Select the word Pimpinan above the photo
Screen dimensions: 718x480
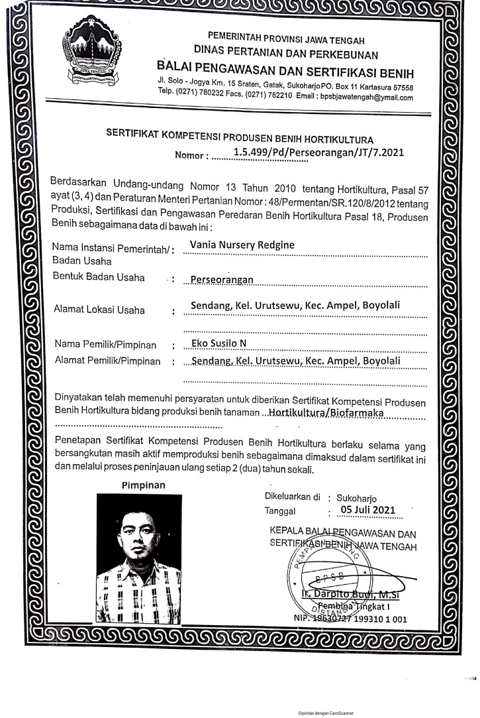click(143, 485)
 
